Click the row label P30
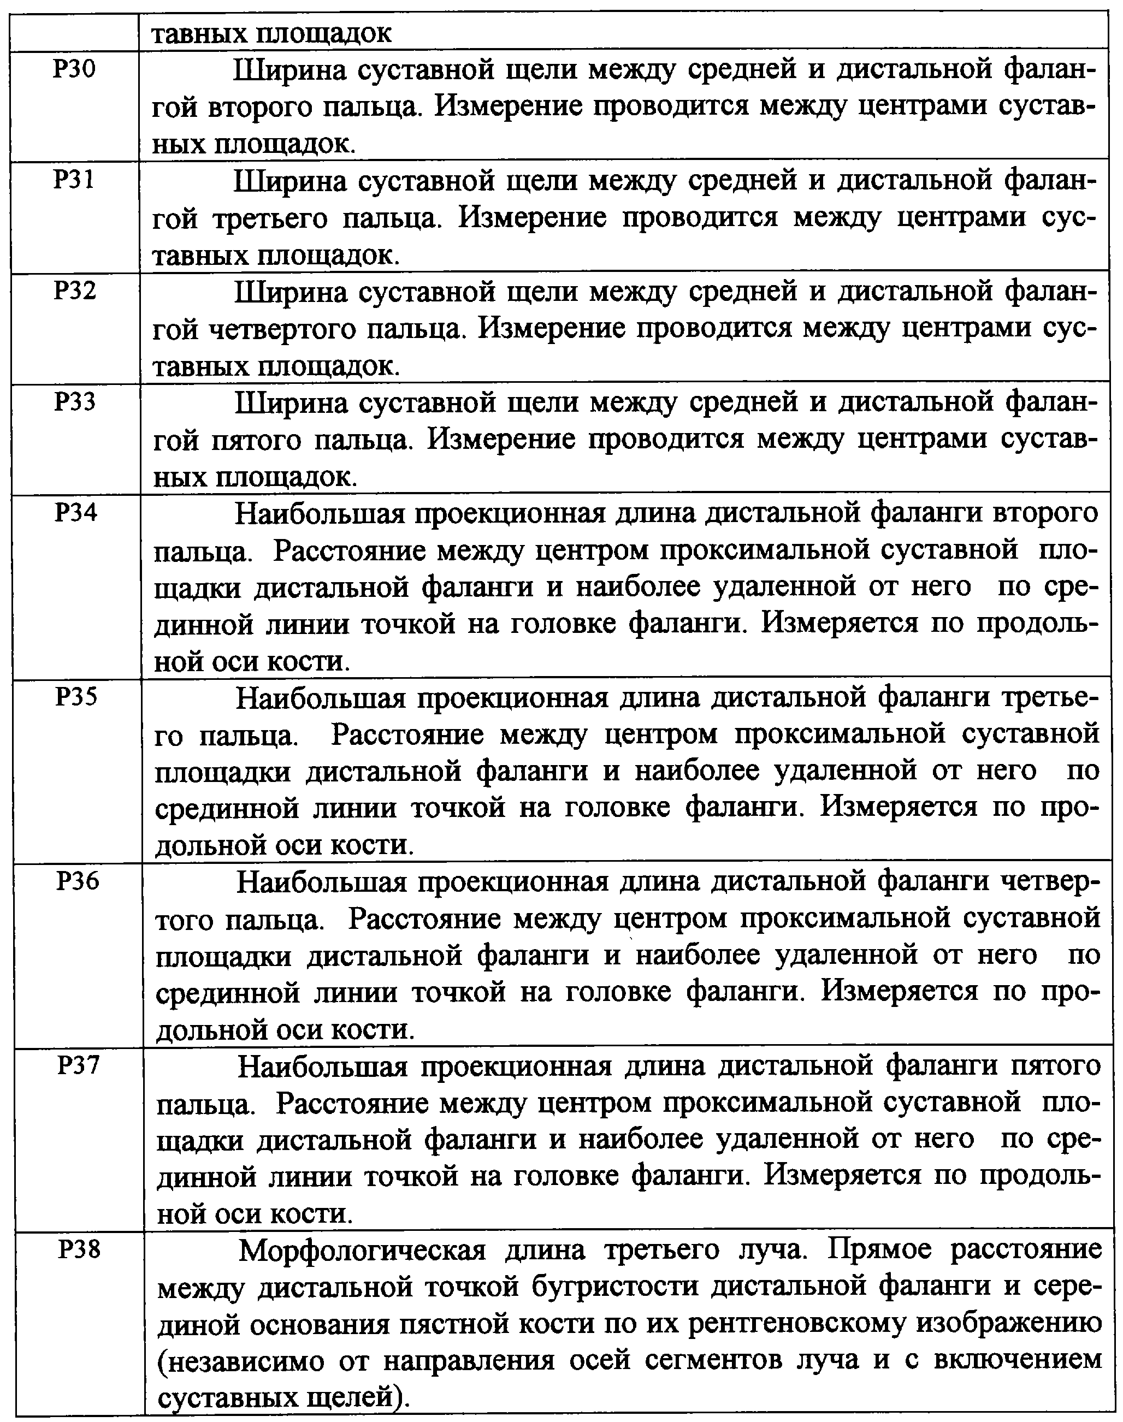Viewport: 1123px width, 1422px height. [75, 69]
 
